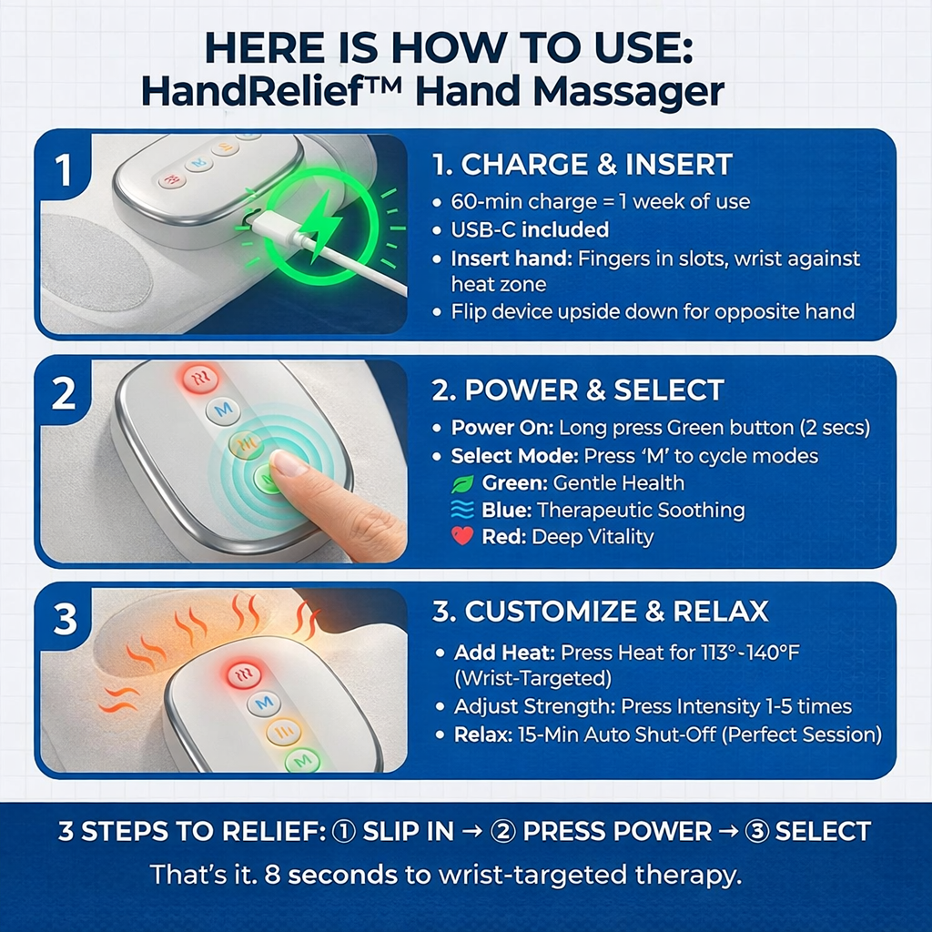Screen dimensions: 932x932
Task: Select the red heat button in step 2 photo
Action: click(x=200, y=377)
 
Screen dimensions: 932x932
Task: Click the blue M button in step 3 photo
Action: click(x=263, y=704)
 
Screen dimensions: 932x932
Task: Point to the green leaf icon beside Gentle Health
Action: click(x=462, y=483)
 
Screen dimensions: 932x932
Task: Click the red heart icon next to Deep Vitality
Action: click(x=462, y=536)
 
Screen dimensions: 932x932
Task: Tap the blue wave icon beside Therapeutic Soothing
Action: click(x=462, y=510)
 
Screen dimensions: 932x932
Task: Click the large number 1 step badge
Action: click(x=64, y=170)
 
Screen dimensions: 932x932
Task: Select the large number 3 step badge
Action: click(x=65, y=618)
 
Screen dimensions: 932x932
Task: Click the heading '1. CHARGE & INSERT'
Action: click(x=582, y=165)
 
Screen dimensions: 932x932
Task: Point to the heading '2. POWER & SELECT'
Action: click(x=578, y=390)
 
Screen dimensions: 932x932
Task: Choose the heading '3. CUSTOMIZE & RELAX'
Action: click(x=601, y=611)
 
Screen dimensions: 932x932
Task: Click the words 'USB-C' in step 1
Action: click(x=483, y=229)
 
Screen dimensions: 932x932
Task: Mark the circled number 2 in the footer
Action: click(x=502, y=831)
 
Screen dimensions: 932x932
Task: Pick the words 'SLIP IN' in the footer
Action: click(x=409, y=831)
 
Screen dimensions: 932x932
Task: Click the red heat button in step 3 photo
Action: click(x=244, y=674)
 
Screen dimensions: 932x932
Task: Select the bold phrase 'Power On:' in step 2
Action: click(x=502, y=428)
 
